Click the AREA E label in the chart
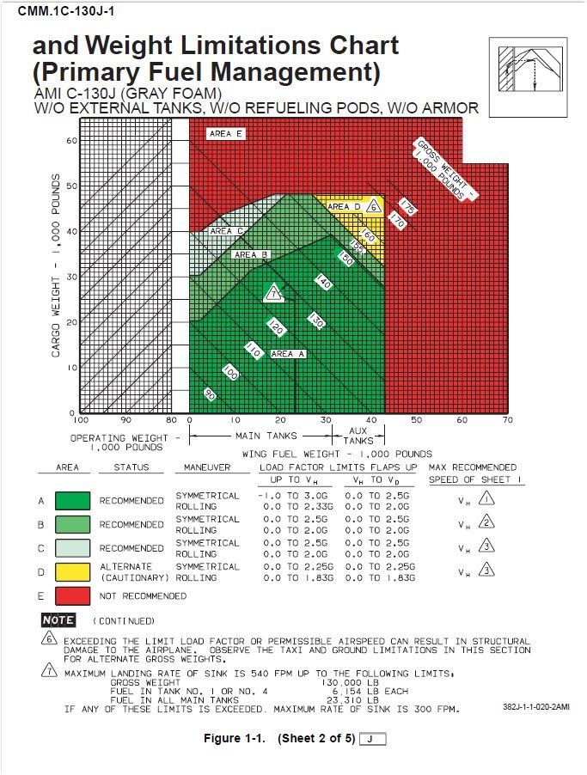pos(227,134)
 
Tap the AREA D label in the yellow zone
pos(345,207)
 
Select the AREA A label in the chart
pos(287,353)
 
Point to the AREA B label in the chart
pos(252,254)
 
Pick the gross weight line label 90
pos(209,394)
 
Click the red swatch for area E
pos(72,595)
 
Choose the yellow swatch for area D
pos(72,571)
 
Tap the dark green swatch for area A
pos(72,501)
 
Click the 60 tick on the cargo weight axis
pos(72,140)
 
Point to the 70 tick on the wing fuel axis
pos(507,421)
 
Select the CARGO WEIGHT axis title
pos(57,266)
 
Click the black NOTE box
pos(58,619)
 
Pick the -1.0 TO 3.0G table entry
pos(293,496)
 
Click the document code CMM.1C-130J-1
pos(66,10)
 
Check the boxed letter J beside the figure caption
pos(372,739)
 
